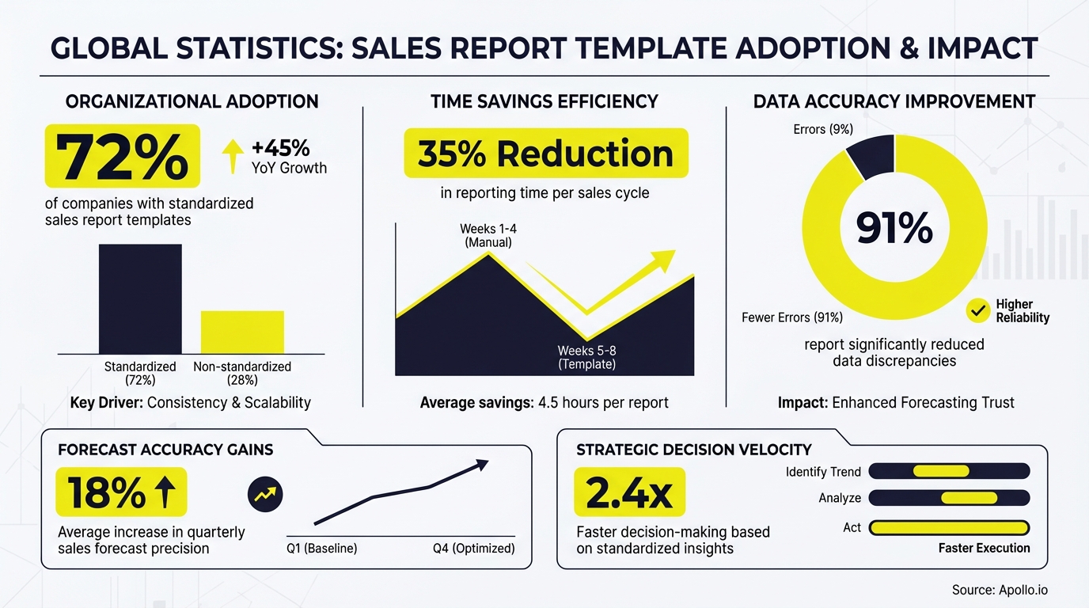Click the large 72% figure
[123, 156]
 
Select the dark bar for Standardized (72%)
[140, 298]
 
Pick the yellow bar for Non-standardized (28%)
[242, 332]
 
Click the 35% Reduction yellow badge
[545, 154]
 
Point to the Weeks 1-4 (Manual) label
[488, 236]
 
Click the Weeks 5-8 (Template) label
[586, 358]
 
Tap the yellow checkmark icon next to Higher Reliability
[978, 311]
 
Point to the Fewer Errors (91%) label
[791, 317]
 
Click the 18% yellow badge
[121, 492]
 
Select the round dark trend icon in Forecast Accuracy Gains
[265, 496]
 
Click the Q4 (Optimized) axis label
[473, 549]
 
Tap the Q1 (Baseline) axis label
[321, 549]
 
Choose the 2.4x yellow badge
[629, 492]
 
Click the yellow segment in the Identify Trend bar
[941, 472]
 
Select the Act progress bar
[949, 527]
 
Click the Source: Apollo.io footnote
[1000, 590]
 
